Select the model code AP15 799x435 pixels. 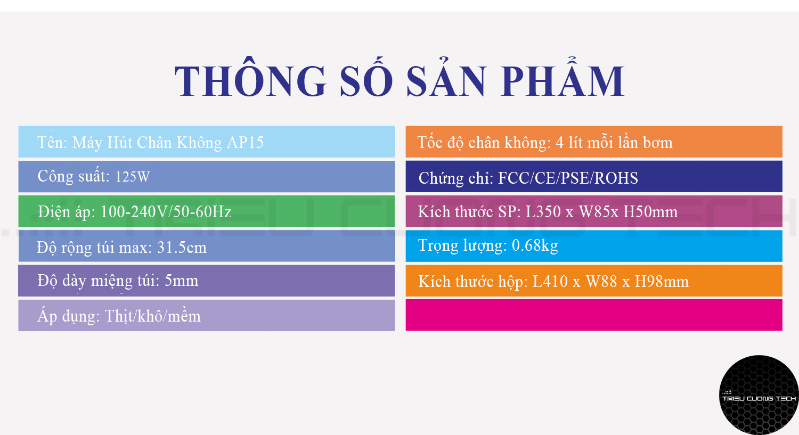pyautogui.click(x=245, y=143)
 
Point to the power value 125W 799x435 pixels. pyautogui.click(x=133, y=177)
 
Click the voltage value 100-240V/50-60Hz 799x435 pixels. pyautogui.click(x=166, y=212)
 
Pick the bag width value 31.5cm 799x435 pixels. pyautogui.click(x=182, y=248)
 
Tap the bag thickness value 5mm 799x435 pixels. pyautogui.click(x=181, y=281)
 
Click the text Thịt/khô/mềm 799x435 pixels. pyautogui.click(x=153, y=316)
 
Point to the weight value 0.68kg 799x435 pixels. pyautogui.click(x=535, y=245)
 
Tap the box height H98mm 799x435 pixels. pyautogui.click(x=662, y=282)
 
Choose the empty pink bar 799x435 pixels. pyautogui.click(x=594, y=315)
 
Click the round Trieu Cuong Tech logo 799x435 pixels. pyautogui.click(x=759, y=395)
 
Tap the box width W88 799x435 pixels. pyautogui.click(x=601, y=282)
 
